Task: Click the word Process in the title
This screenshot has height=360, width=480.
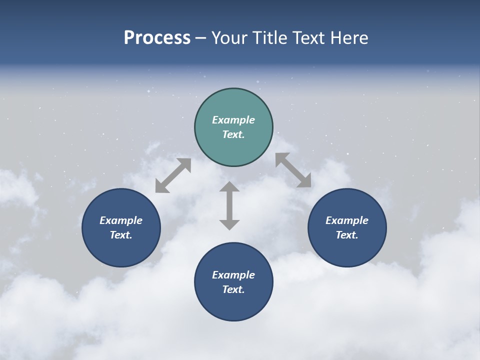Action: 157,38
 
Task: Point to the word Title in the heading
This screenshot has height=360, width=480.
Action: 269,38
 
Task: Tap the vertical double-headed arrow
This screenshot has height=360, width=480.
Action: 229,205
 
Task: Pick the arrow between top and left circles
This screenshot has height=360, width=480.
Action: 173,175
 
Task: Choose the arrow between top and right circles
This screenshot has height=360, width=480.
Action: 293,170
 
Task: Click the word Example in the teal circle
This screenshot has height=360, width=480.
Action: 233,120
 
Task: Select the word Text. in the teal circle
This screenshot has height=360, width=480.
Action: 233,134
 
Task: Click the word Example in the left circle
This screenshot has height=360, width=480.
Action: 121,220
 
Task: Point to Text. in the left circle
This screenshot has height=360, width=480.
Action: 121,235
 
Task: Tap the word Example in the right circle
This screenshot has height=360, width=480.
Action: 347,220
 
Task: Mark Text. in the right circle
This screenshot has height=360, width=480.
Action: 347,235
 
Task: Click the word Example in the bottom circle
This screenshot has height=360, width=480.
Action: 233,275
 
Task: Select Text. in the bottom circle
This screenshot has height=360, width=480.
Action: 233,289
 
